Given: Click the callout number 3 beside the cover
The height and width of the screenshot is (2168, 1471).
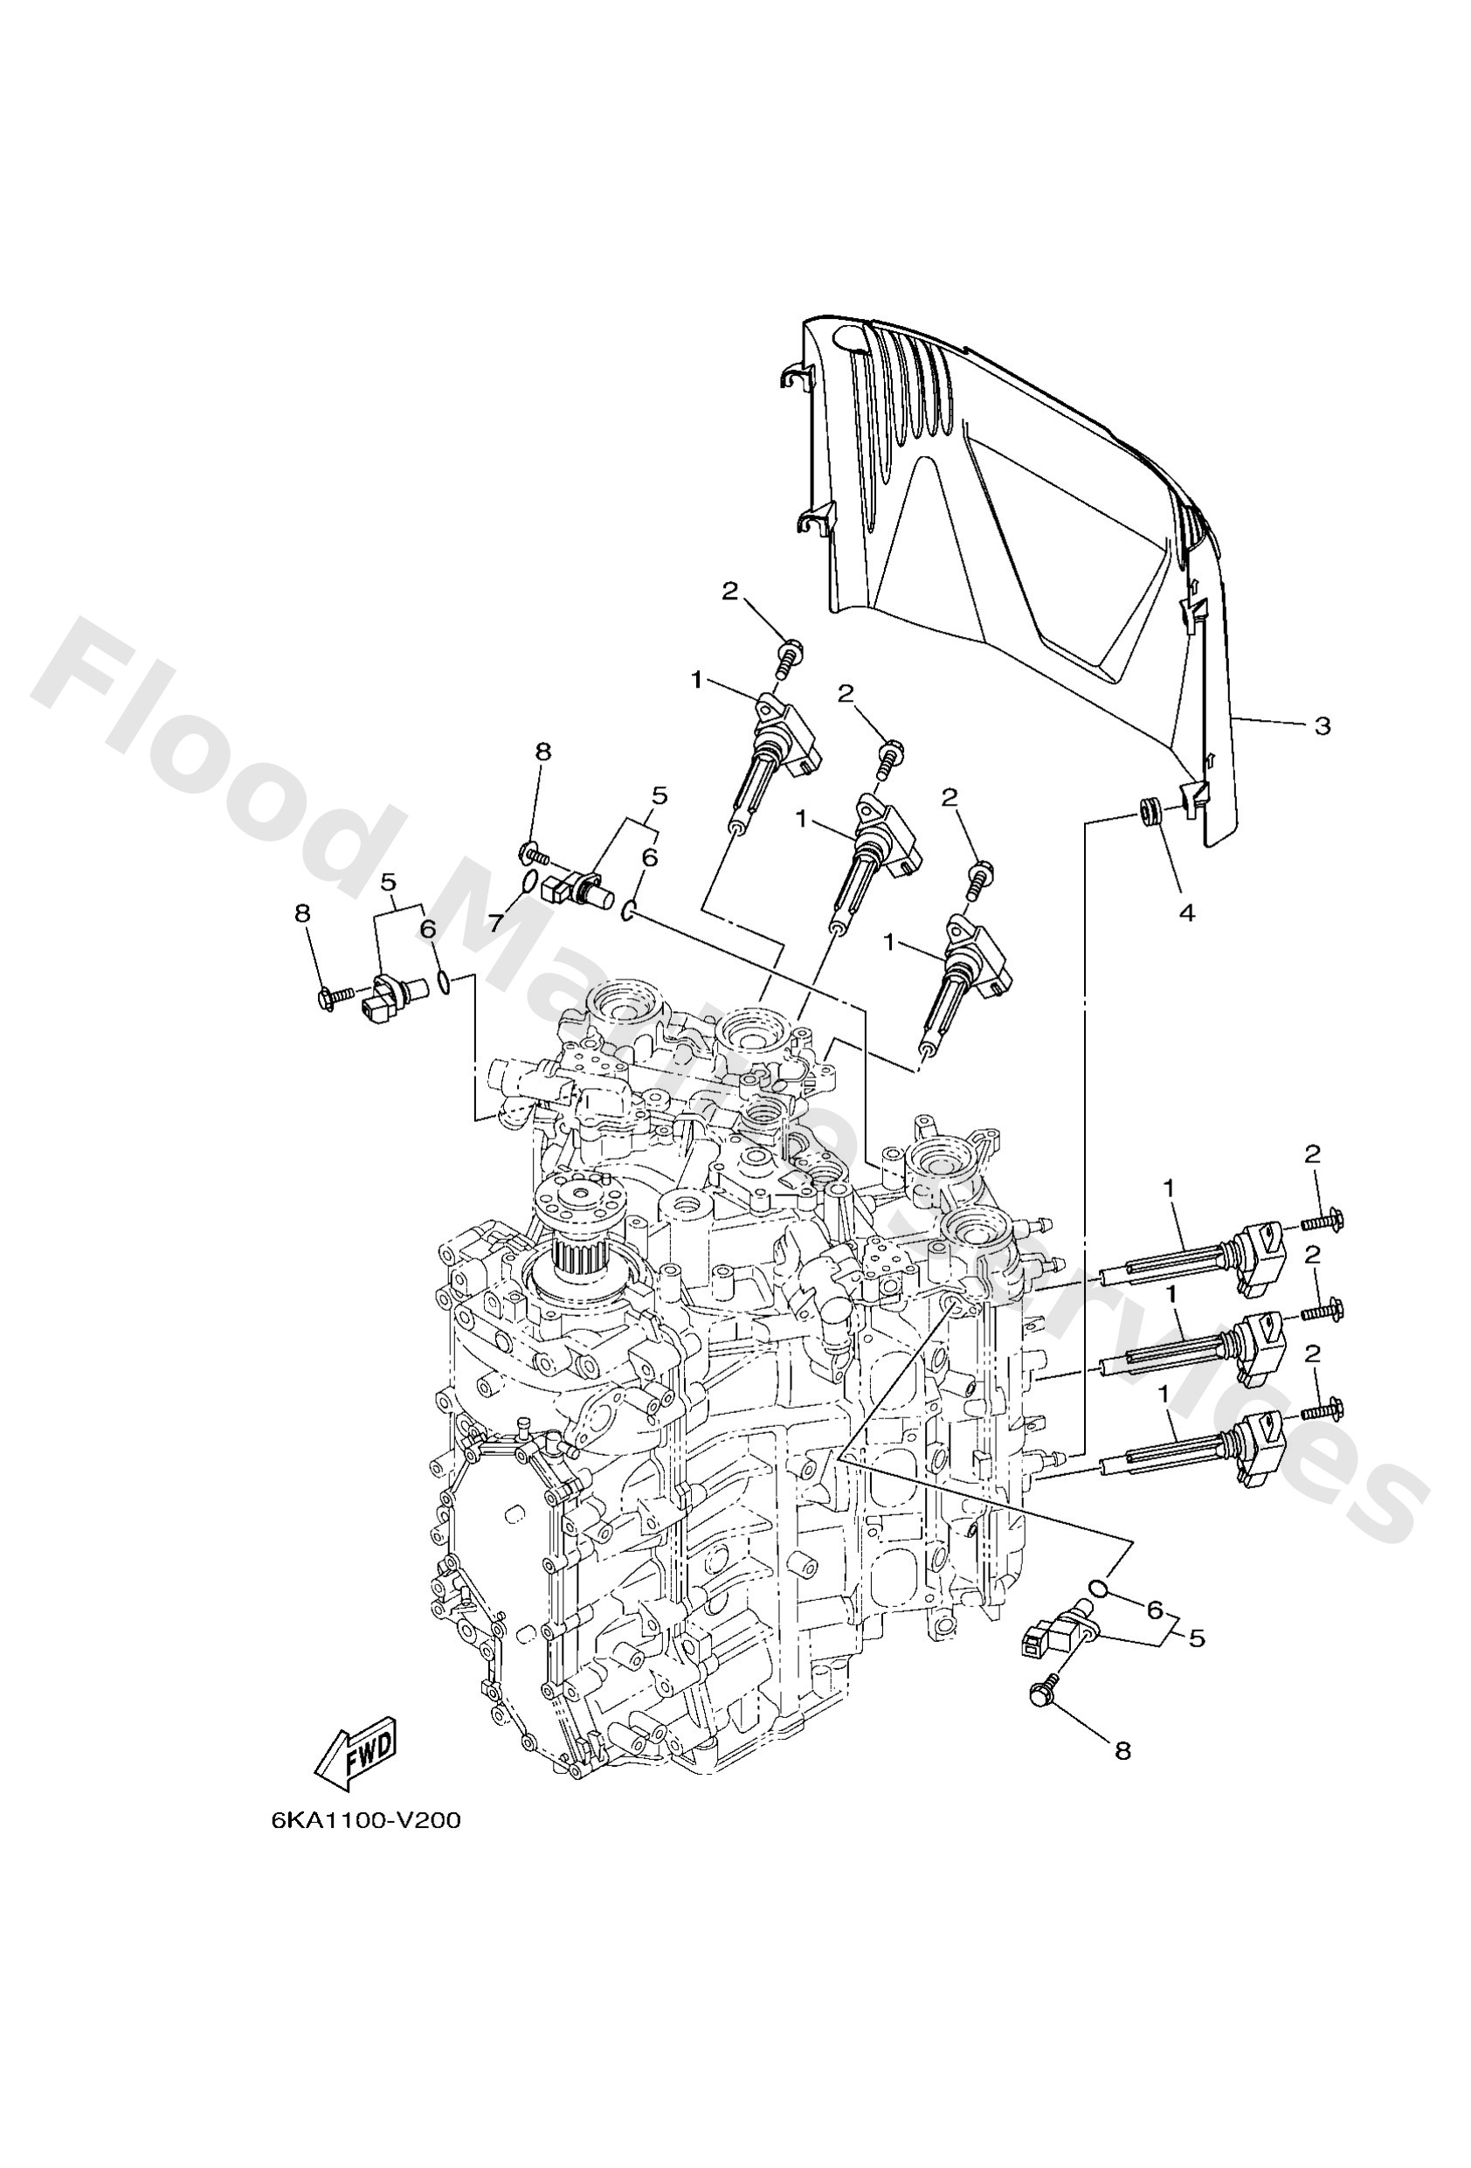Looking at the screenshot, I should [1322, 724].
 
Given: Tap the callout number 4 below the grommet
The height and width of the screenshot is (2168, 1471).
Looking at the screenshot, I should [1186, 912].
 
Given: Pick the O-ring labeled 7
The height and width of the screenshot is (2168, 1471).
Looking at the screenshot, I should [528, 883].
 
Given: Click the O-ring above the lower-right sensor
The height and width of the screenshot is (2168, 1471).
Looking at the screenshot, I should [1099, 1588].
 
